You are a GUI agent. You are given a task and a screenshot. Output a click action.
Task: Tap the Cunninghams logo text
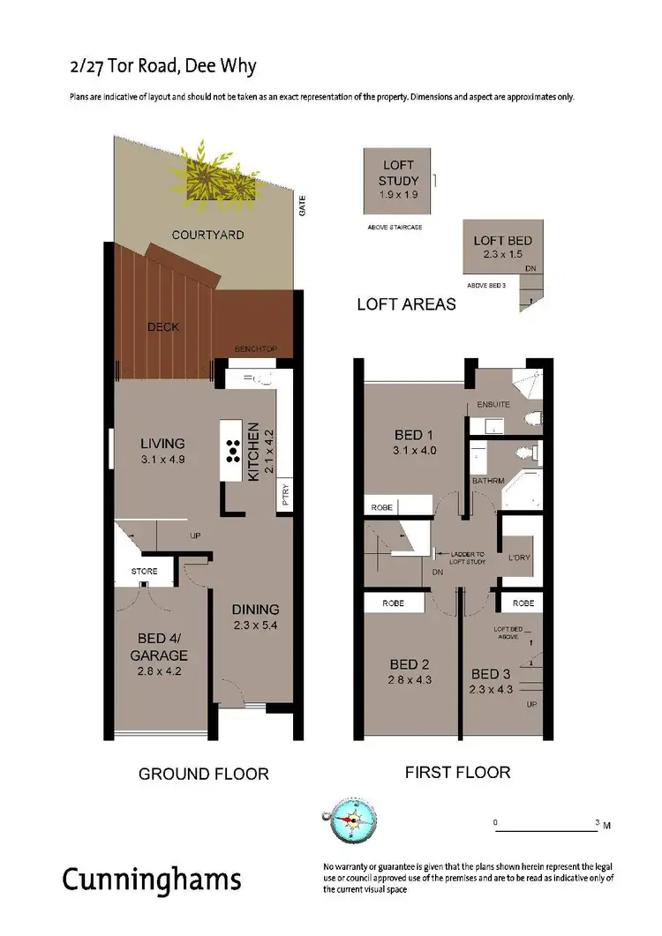click(151, 880)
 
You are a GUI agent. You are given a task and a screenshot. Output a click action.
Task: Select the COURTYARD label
click(207, 236)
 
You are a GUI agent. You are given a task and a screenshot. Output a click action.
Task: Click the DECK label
click(163, 327)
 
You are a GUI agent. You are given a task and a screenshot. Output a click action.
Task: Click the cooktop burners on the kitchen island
click(233, 450)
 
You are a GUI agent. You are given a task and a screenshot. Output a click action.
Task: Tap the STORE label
click(145, 572)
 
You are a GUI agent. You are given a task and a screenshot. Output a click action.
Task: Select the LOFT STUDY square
click(399, 181)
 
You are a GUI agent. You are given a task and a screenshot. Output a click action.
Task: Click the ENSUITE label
click(493, 404)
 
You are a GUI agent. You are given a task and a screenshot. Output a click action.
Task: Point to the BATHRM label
click(487, 481)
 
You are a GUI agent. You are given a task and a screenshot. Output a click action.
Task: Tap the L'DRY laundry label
click(518, 559)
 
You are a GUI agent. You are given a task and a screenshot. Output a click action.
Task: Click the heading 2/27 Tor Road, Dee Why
click(163, 67)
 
